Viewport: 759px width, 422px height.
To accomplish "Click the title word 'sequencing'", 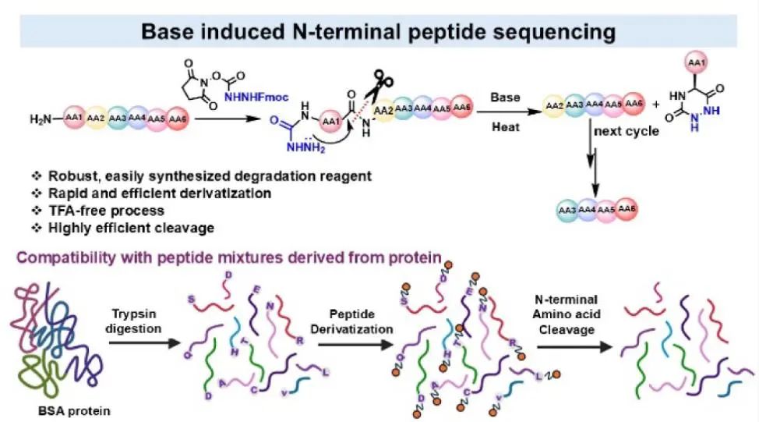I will (x=549, y=32).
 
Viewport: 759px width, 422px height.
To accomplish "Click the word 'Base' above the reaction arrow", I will (x=505, y=97).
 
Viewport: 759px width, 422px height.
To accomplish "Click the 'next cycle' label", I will (x=627, y=131).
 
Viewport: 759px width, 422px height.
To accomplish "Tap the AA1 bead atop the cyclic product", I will (x=696, y=62).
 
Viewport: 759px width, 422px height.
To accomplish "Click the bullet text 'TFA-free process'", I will (x=102, y=211).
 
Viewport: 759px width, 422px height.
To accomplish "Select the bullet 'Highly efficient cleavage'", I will (x=129, y=228).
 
